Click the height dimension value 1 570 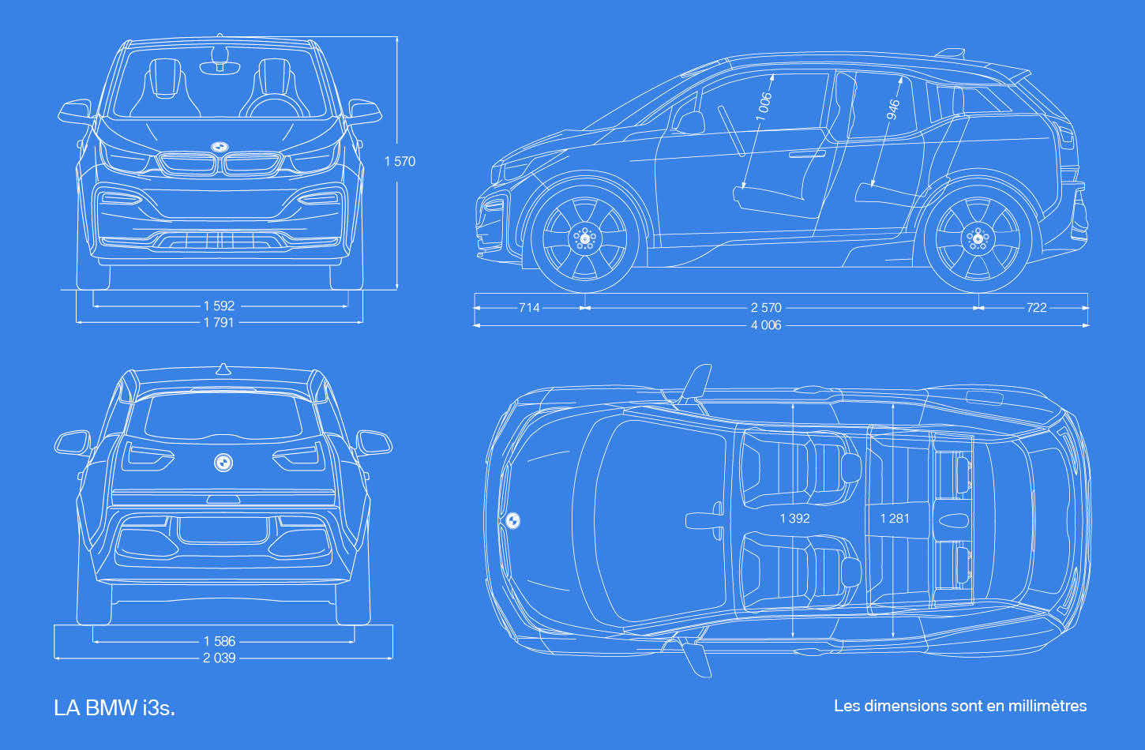tap(400, 161)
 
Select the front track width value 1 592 tap(219, 306)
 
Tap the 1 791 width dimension tap(219, 322)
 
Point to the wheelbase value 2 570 tap(766, 308)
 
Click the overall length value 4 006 tap(766, 325)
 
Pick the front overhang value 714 tap(529, 308)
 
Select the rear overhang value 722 tap(1037, 308)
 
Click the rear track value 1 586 tap(220, 641)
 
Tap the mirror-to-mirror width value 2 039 tap(220, 658)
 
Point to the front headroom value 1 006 tap(764, 107)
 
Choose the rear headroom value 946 tap(892, 110)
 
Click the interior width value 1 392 tap(795, 519)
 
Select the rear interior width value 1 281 tap(895, 519)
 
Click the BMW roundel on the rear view tap(223, 463)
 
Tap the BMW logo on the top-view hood tap(513, 520)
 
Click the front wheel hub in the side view tap(585, 238)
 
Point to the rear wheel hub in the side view tap(978, 238)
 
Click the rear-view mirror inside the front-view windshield tap(220, 68)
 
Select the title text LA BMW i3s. tap(114, 708)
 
